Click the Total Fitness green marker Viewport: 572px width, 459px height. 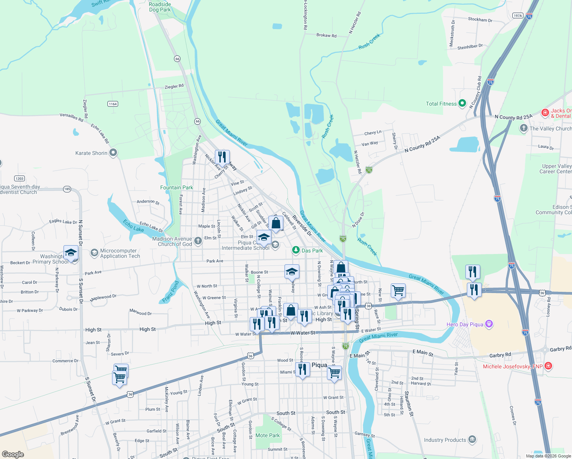click(x=462, y=103)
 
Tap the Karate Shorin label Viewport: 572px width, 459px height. click(x=91, y=153)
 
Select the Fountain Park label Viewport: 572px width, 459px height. click(x=177, y=187)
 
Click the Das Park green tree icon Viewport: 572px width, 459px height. click(x=296, y=250)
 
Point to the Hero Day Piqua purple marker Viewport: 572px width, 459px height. click(x=489, y=324)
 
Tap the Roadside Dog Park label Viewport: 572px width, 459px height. click(x=160, y=7)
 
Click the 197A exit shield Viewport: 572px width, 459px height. click(x=518, y=16)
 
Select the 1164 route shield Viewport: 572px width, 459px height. click(x=113, y=104)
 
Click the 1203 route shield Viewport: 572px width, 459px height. click(x=19, y=178)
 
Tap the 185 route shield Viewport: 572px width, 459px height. click(x=67, y=189)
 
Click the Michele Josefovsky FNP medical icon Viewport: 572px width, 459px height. click(x=548, y=366)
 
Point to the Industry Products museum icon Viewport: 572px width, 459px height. click(x=472, y=439)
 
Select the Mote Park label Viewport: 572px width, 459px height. click(x=268, y=435)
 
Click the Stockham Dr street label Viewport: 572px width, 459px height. click(x=480, y=20)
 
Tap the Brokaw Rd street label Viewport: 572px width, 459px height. click(x=327, y=35)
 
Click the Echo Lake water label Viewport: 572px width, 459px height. click(x=133, y=226)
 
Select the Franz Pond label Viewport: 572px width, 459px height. click(x=171, y=292)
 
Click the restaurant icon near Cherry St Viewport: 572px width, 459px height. click(x=222, y=157)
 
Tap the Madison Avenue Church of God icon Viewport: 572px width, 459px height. click(x=198, y=241)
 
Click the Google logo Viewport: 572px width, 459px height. click(x=13, y=454)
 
